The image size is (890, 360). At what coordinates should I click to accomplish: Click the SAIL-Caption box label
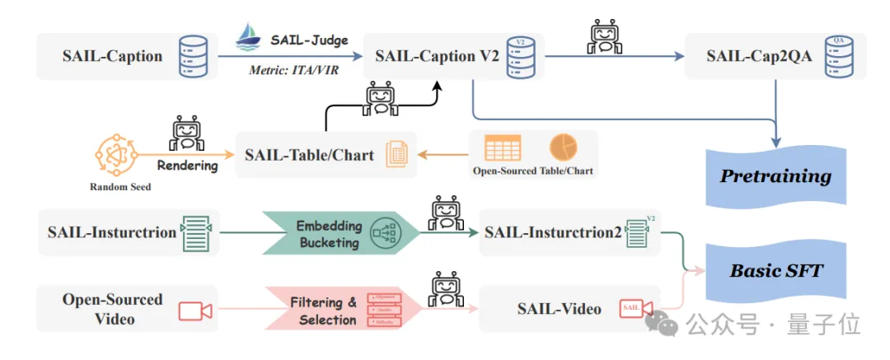pyautogui.click(x=112, y=56)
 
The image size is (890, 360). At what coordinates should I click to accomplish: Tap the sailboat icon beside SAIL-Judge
pyautogui.click(x=249, y=38)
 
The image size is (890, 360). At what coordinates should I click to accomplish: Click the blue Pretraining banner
pyautogui.click(x=775, y=176)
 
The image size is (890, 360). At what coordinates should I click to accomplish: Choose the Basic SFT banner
pyautogui.click(x=775, y=270)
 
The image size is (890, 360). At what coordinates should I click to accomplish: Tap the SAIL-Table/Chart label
pyautogui.click(x=309, y=155)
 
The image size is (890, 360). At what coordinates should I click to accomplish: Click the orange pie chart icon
pyautogui.click(x=564, y=147)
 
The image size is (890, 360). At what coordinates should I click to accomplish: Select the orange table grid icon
pyautogui.click(x=503, y=147)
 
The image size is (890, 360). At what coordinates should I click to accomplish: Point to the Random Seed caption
pyautogui.click(x=120, y=187)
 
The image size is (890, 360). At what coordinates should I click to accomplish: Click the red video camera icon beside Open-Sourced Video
pyautogui.click(x=195, y=310)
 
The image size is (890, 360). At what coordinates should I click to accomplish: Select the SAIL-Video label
pyautogui.click(x=559, y=309)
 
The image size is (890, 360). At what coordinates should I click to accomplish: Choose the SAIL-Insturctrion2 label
pyautogui.click(x=552, y=232)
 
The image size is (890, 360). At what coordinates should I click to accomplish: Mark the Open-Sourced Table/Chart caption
pyautogui.click(x=532, y=171)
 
